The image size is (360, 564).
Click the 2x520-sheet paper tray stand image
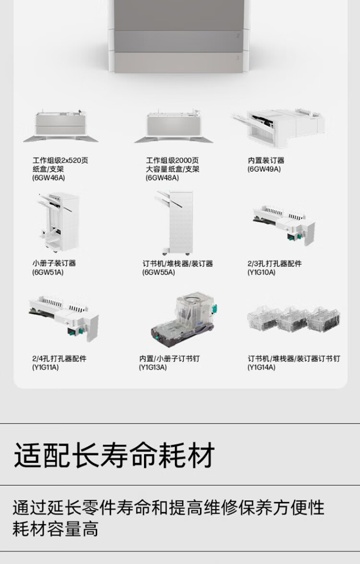point(60,126)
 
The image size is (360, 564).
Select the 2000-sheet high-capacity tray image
point(174,126)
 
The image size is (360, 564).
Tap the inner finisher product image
point(278,128)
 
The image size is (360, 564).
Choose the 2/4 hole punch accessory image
point(64,317)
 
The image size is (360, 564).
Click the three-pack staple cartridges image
point(293,319)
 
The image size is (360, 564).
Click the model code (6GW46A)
point(48,177)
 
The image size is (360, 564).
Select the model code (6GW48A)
point(162,177)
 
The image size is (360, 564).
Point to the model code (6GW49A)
point(264,169)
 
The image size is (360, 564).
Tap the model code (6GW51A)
point(48,272)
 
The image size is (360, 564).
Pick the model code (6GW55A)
point(159,272)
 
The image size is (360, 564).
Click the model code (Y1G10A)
point(261,272)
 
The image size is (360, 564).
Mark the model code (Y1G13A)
point(153,367)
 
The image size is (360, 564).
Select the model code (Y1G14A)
point(261,367)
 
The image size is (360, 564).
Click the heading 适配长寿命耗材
point(114,455)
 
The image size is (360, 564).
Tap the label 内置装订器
point(266,160)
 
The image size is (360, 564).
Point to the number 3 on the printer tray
point(237,58)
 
